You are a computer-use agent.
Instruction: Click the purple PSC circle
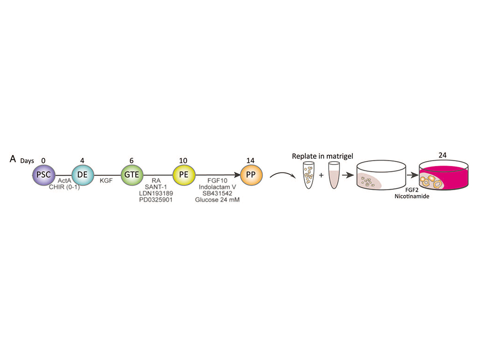pyautogui.click(x=44, y=175)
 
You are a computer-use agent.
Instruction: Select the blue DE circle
pyautogui.click(x=83, y=175)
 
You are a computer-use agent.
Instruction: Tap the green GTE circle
pyautogui.click(x=132, y=175)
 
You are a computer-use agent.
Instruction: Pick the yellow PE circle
pyautogui.click(x=184, y=175)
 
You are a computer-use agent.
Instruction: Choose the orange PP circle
pyautogui.click(x=251, y=175)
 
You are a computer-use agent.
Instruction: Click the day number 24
pyautogui.click(x=442, y=155)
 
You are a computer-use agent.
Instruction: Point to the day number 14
pyautogui.click(x=251, y=161)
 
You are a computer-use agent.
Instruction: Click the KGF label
pyautogui.click(x=106, y=180)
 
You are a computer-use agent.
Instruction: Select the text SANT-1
pyautogui.click(x=156, y=187)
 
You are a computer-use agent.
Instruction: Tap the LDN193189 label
pyautogui.click(x=156, y=194)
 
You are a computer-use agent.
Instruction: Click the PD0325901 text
pyautogui.click(x=156, y=200)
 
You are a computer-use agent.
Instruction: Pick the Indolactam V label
pyautogui.click(x=217, y=187)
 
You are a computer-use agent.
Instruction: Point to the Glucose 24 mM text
pyautogui.click(x=217, y=200)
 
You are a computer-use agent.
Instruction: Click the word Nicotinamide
pyautogui.click(x=412, y=196)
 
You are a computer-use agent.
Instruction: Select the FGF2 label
pyautogui.click(x=412, y=190)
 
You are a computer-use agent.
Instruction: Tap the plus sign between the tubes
pyautogui.click(x=321, y=176)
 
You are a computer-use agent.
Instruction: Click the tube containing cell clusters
pyautogui.click(x=309, y=175)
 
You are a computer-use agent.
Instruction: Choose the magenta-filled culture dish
pyautogui.click(x=444, y=176)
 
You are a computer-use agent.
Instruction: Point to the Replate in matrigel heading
pyautogui.click(x=322, y=156)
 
